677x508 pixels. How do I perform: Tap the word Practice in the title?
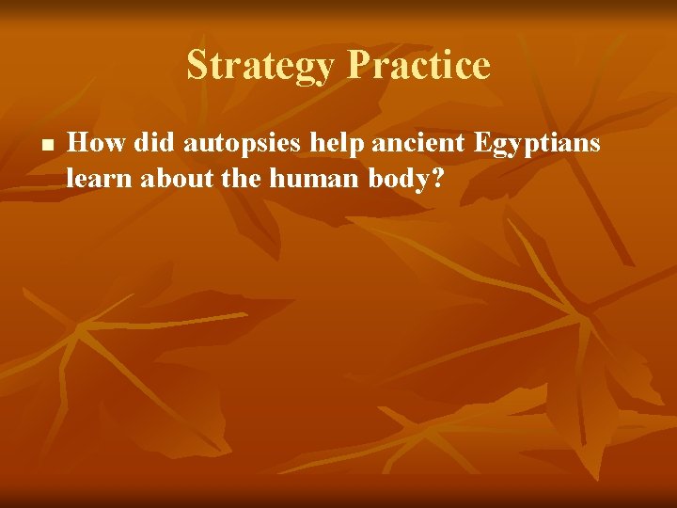point(419,66)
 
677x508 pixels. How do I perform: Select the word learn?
point(101,177)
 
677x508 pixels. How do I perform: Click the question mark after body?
point(438,177)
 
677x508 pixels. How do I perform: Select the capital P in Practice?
point(360,66)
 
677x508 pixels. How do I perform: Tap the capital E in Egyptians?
point(482,143)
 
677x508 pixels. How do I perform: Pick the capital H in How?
point(80,143)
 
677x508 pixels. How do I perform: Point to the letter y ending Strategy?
point(326,70)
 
